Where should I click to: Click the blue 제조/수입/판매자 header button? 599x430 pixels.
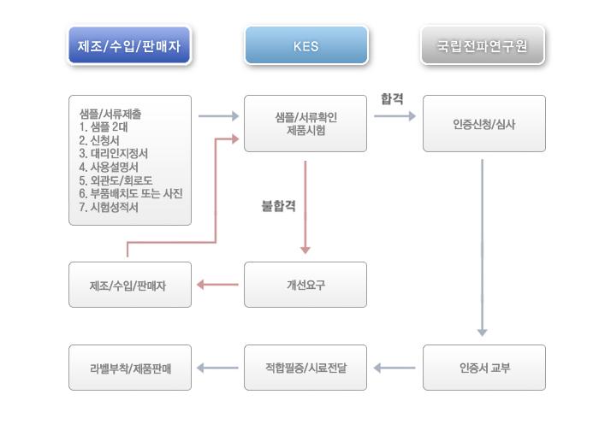point(129,45)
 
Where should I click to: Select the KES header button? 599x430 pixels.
point(306,45)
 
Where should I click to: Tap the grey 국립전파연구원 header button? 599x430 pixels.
point(483,45)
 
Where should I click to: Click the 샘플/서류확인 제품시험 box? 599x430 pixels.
point(305,124)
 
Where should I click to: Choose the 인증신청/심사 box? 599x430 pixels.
point(484,124)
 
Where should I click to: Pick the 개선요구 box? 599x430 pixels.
point(305,285)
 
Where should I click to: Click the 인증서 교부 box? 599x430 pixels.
point(484,368)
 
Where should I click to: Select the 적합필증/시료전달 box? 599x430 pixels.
point(305,368)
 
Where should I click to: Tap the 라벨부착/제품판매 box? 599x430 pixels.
point(130,368)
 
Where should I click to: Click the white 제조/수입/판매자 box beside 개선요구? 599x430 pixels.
point(130,285)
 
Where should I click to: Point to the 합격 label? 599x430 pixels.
point(392,99)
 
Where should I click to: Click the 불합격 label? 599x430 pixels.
point(278,206)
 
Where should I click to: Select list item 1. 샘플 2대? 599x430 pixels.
point(104,127)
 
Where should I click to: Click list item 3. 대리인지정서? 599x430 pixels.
point(114,153)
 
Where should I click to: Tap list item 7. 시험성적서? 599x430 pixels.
point(109,207)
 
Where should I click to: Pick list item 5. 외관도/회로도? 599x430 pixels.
point(116,180)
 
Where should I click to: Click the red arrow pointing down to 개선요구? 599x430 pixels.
point(305,207)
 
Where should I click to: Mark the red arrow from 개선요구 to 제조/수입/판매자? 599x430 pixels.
point(217,285)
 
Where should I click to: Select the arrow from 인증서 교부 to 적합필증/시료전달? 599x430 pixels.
point(394,368)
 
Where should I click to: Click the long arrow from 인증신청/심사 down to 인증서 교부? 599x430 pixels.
point(482,248)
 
